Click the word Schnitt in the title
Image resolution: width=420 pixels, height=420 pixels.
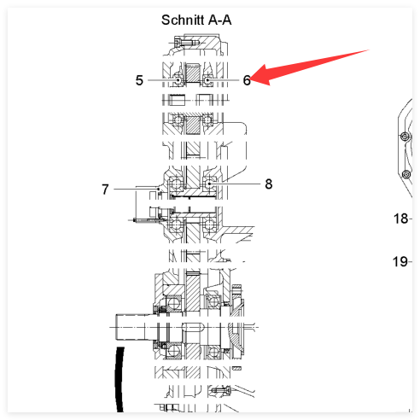(x=183, y=20)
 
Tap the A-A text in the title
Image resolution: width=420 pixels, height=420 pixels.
(x=220, y=20)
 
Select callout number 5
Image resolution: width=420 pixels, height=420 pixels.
(x=139, y=80)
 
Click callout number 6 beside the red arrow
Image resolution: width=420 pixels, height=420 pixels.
(x=247, y=80)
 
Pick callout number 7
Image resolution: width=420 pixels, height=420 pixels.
(x=105, y=190)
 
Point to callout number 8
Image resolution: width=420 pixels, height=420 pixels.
(x=269, y=184)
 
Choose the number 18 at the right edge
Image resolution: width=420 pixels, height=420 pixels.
(x=400, y=219)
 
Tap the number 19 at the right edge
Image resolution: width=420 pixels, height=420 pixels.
(x=400, y=261)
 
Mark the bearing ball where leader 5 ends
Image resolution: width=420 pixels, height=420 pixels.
(x=178, y=80)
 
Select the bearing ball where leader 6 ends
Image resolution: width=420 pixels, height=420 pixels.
(x=207, y=80)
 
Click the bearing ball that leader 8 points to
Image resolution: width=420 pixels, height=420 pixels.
(x=210, y=184)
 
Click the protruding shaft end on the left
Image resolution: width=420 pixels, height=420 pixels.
(x=131, y=327)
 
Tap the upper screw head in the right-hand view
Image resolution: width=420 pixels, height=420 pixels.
(x=405, y=137)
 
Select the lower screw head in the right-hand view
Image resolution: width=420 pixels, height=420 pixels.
(x=407, y=174)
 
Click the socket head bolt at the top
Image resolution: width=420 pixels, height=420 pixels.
(x=186, y=43)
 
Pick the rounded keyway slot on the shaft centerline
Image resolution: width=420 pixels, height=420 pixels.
(x=193, y=327)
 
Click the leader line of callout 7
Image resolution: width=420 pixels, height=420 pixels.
(x=137, y=189)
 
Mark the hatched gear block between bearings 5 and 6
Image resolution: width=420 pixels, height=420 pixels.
(x=191, y=73)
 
